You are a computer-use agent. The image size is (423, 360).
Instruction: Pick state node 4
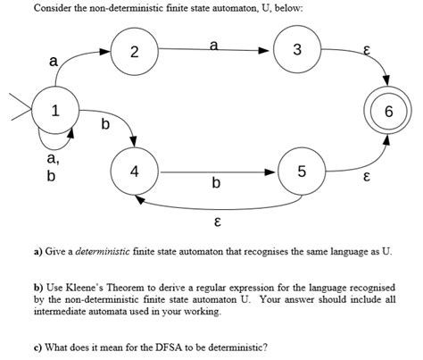[x=134, y=172]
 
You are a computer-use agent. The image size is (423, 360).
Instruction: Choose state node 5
[x=302, y=172]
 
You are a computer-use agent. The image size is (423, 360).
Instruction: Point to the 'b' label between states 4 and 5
[x=215, y=184]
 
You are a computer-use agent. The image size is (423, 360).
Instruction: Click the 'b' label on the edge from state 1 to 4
[x=104, y=124]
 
